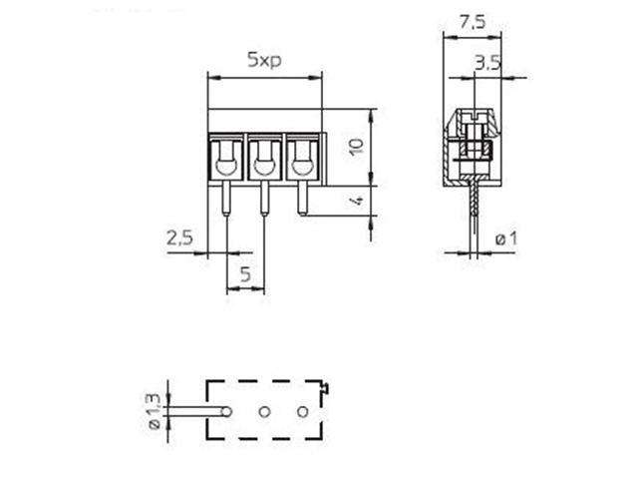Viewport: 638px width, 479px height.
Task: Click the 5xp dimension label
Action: (x=264, y=60)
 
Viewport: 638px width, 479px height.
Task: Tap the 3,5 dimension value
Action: (x=488, y=63)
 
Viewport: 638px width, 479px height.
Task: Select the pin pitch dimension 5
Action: (x=245, y=275)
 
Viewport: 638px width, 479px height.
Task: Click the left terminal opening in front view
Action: (x=226, y=156)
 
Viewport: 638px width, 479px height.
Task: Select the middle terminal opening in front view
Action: (x=264, y=156)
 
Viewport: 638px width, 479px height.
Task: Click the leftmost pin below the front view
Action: (x=226, y=200)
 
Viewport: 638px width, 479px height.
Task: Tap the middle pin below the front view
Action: (x=264, y=200)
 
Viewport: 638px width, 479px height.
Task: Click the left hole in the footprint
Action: (x=227, y=411)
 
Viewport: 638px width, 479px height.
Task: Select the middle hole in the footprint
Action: (x=265, y=411)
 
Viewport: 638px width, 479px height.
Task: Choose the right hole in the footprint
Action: (x=303, y=411)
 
